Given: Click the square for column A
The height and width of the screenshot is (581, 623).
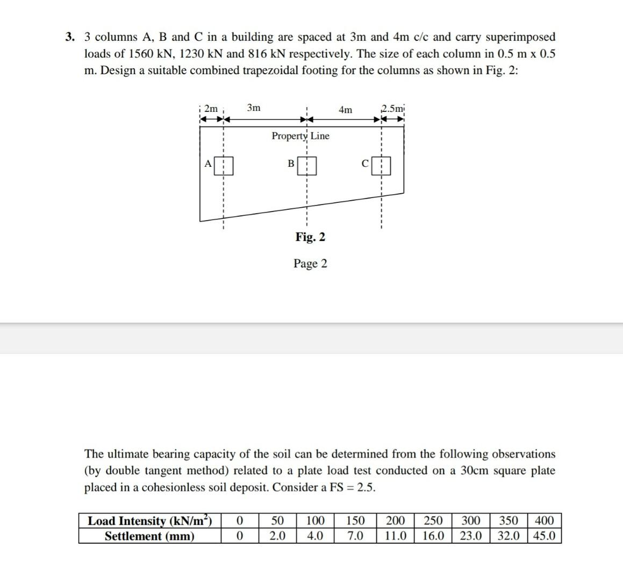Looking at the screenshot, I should [224, 166].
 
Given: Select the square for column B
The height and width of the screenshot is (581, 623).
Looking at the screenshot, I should [306, 166].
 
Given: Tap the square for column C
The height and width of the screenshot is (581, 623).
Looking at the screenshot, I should [381, 166].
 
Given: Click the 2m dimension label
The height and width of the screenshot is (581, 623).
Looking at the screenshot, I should [211, 109].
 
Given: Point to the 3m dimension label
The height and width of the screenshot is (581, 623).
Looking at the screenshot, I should [254, 108].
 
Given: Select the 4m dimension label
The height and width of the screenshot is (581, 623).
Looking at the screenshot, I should [346, 110].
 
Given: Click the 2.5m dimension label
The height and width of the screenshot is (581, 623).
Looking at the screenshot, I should [393, 108].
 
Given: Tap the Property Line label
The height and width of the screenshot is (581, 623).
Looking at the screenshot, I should [300, 136].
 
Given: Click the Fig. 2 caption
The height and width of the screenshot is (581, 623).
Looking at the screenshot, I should [310, 237].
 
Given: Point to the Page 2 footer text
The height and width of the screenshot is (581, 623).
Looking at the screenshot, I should [310, 263].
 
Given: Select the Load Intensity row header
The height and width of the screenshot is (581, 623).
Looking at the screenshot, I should [150, 521].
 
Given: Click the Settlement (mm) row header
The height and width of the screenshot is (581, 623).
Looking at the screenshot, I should [150, 536].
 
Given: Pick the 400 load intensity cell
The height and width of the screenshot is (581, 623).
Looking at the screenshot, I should [544, 521].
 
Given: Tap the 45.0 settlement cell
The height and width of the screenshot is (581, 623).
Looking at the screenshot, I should [544, 536].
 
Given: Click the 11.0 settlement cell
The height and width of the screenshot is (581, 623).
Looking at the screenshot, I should [396, 536].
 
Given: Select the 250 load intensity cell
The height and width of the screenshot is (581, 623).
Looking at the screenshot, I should [433, 521].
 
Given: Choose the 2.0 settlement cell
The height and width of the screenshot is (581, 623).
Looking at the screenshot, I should [277, 536].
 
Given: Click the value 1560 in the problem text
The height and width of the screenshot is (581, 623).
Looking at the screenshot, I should [140, 54].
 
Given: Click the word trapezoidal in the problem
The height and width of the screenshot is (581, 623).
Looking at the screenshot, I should [280, 70].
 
